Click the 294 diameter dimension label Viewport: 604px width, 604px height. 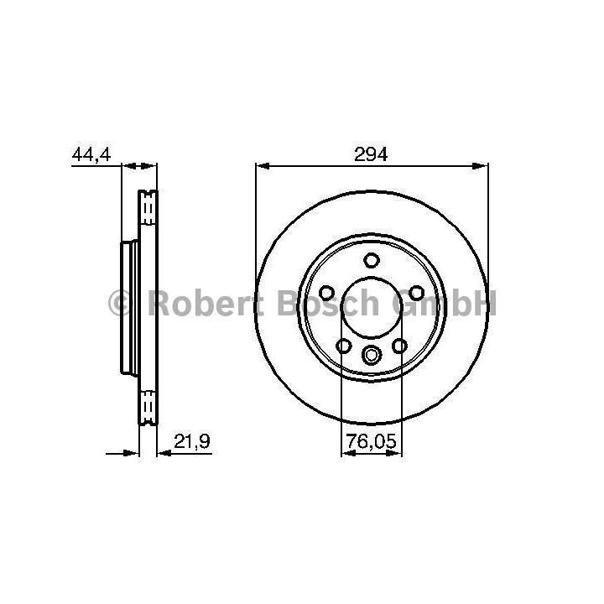[x=371, y=154]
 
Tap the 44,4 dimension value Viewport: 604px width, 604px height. [x=91, y=154]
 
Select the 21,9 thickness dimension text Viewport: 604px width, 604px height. [x=192, y=441]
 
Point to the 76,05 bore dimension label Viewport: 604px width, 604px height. [x=371, y=441]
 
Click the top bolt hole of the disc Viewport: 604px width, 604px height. [x=372, y=260]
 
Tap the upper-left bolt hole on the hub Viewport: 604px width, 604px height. [x=326, y=293]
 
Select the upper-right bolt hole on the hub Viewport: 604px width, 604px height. [x=416, y=293]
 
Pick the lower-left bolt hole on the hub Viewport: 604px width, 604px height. [x=344, y=346]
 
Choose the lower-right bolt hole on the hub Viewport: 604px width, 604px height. [x=399, y=346]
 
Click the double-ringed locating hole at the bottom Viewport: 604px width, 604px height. [x=371, y=354]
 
